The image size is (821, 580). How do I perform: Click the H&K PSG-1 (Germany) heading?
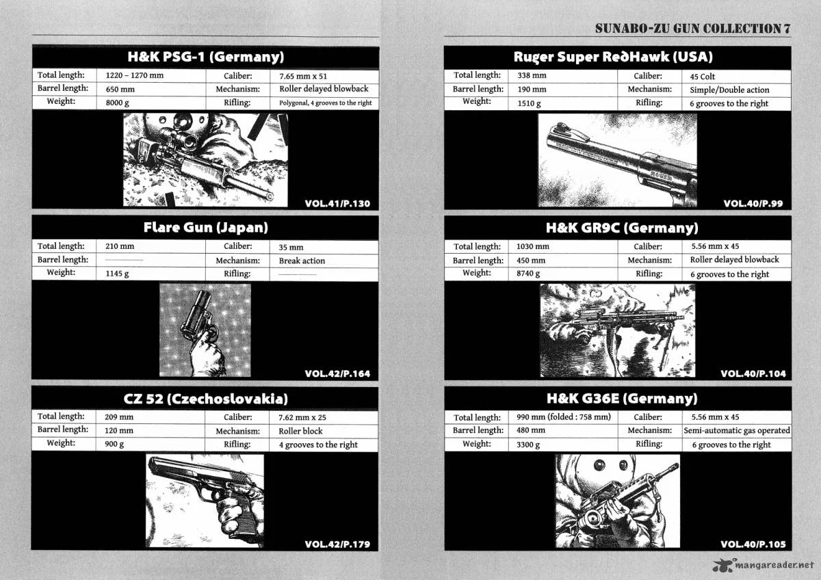pyautogui.click(x=206, y=57)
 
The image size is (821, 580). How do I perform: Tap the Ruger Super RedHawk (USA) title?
pyautogui.click(x=613, y=57)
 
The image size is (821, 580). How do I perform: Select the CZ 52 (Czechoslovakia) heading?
pyautogui.click(x=206, y=399)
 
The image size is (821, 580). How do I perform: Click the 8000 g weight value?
pyautogui.click(x=117, y=103)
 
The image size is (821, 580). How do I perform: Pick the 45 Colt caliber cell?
pyautogui.click(x=702, y=77)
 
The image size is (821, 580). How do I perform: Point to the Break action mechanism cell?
pyautogui.click(x=302, y=261)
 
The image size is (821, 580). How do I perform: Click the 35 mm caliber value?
pyautogui.click(x=291, y=248)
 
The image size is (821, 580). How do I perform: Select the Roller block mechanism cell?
pyautogui.click(x=300, y=431)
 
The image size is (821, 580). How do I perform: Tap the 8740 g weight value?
pyautogui.click(x=528, y=274)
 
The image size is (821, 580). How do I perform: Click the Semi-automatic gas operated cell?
pyautogui.click(x=737, y=430)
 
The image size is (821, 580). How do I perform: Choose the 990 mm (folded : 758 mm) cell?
pyautogui.click(x=564, y=417)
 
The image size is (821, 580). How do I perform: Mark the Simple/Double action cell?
pyautogui.click(x=729, y=90)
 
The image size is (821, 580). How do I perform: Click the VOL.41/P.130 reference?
pyautogui.click(x=337, y=204)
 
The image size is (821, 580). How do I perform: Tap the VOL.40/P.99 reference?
pyautogui.click(x=753, y=204)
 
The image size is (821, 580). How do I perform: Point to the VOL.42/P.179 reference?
pyautogui.click(x=337, y=544)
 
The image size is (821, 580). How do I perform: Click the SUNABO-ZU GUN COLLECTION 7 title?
pyautogui.click(x=692, y=29)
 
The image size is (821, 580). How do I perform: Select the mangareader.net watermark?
pyautogui.click(x=764, y=566)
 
